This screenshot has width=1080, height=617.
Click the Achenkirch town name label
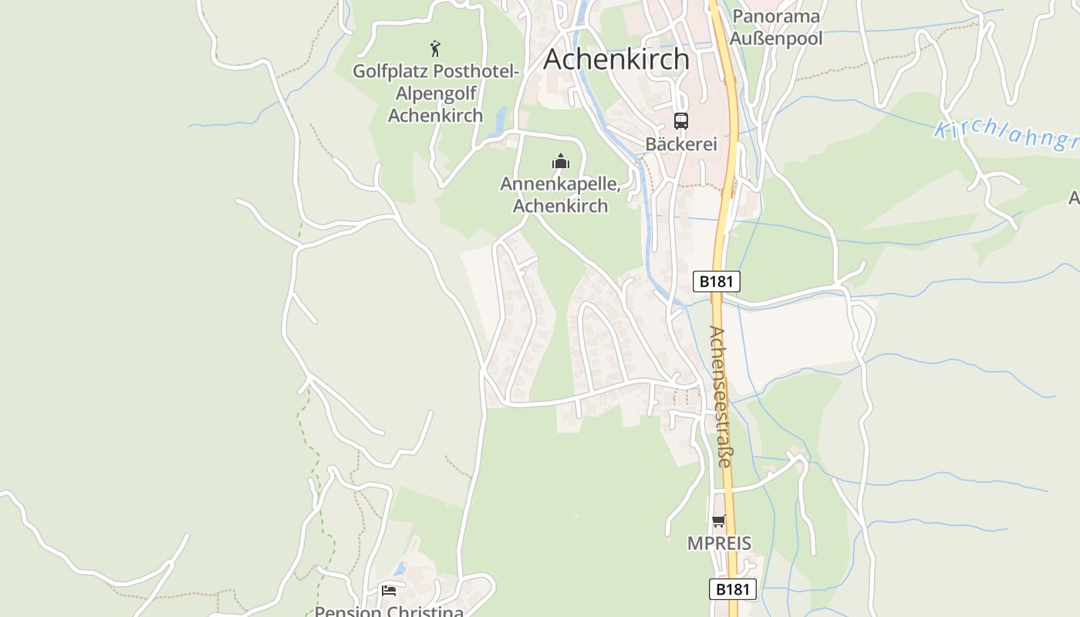point(616,59)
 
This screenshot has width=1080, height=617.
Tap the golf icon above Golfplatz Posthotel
point(435,49)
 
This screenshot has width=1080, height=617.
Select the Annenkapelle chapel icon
point(560,161)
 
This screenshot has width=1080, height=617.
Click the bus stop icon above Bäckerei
point(680,121)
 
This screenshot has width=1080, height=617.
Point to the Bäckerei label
point(681,144)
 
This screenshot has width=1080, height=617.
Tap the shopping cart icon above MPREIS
point(718,521)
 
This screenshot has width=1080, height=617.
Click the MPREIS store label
point(719,543)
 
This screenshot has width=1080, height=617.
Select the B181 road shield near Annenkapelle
point(716,282)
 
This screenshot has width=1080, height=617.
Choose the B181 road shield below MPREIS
point(732,589)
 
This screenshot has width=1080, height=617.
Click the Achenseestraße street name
point(720,397)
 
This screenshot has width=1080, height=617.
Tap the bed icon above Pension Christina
point(389,591)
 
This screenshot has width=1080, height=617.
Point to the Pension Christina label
point(389,612)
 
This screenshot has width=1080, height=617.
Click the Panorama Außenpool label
point(776,27)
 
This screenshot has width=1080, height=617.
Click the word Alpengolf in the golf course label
point(435,93)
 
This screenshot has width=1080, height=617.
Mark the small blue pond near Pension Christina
point(399,569)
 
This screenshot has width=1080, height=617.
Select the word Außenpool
point(776,38)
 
